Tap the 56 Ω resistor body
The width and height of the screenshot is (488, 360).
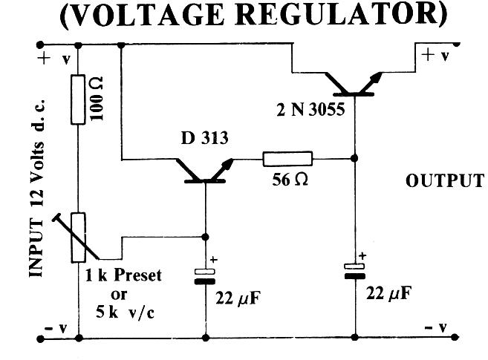click(x=287, y=158)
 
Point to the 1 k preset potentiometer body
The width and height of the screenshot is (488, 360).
click(x=79, y=237)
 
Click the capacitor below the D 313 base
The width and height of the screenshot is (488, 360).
click(x=206, y=276)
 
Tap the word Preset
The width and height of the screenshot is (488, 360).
click(x=137, y=276)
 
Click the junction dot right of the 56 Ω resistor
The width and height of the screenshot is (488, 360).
click(x=355, y=157)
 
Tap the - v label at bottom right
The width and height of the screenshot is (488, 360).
click(x=435, y=327)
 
